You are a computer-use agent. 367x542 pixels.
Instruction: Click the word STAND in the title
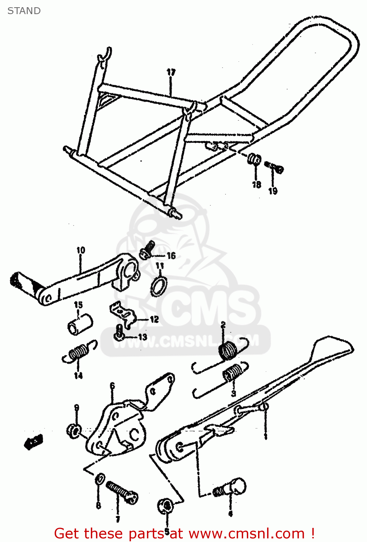pyautogui.click(x=24, y=11)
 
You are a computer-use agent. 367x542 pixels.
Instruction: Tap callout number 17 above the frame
pyautogui.click(x=171, y=72)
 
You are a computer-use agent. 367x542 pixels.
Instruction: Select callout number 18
pyautogui.click(x=256, y=185)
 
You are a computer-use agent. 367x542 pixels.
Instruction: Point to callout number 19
pyautogui.click(x=273, y=191)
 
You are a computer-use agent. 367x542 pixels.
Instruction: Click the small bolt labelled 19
pyautogui.click(x=275, y=167)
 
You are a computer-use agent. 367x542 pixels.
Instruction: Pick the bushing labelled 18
pyautogui.click(x=254, y=159)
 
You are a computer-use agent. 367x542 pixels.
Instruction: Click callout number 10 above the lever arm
pyautogui.click(x=81, y=250)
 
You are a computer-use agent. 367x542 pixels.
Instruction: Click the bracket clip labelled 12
pyautogui.click(x=123, y=313)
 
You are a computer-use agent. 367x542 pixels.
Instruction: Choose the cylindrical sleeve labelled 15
pyautogui.click(x=80, y=324)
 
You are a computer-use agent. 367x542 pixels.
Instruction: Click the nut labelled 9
pyautogui.click(x=74, y=430)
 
